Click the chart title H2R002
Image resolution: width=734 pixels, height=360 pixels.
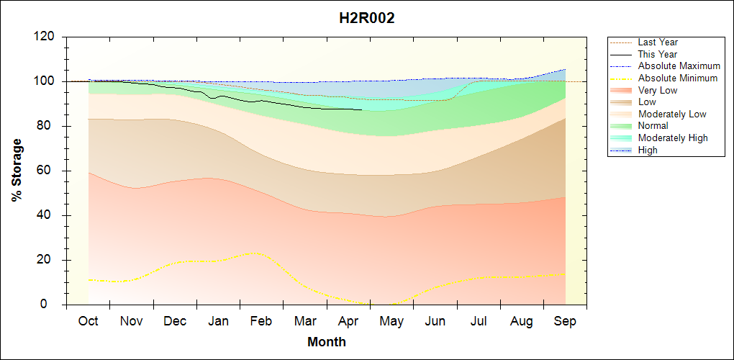(x=367, y=19)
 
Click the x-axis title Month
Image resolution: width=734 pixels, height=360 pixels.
(x=327, y=341)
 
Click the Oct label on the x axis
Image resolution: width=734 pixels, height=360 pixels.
(x=89, y=321)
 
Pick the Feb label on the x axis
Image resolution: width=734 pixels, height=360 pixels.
(x=261, y=321)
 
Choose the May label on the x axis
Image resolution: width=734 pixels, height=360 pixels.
(x=391, y=321)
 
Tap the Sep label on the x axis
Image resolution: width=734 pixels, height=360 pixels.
(x=565, y=321)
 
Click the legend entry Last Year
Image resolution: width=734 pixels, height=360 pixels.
(x=658, y=42)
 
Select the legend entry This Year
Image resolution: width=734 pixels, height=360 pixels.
(x=658, y=54)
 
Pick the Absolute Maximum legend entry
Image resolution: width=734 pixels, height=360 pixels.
(x=679, y=66)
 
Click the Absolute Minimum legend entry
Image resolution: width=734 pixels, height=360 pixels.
(x=678, y=78)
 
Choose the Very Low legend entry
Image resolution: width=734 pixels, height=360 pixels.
(x=657, y=90)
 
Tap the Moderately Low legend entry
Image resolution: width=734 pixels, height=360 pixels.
(x=672, y=114)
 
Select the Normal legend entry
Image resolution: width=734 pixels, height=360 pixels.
(x=653, y=126)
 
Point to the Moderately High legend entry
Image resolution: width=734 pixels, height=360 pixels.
(x=673, y=138)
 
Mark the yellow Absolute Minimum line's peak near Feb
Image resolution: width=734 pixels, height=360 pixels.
(x=253, y=253)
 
